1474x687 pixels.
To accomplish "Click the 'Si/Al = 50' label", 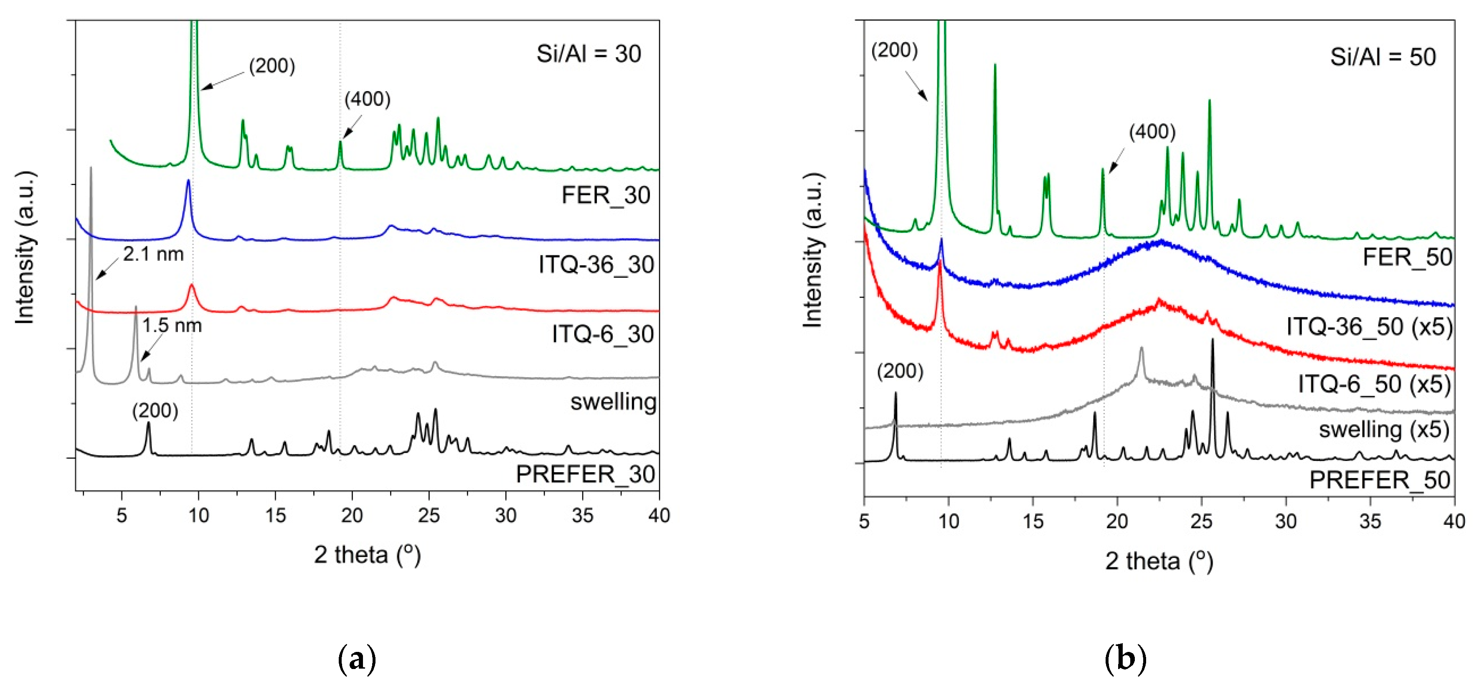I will [x=1383, y=57].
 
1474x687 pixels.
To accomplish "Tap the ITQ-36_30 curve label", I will [x=596, y=265].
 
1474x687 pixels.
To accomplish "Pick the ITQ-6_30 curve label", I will [x=603, y=334].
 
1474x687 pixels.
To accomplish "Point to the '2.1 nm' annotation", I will [x=153, y=254].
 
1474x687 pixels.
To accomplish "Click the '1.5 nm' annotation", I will [x=172, y=326].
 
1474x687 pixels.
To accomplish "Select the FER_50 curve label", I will [x=1407, y=257].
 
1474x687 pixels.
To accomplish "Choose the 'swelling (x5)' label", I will [x=1384, y=430].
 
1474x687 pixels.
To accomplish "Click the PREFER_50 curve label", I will [x=1380, y=480].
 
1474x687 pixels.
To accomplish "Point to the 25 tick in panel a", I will [x=429, y=516].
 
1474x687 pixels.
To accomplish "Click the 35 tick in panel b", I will [x=1370, y=522].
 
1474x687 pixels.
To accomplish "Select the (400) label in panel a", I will [x=368, y=99].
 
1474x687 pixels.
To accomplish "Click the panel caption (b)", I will [x=1125, y=659].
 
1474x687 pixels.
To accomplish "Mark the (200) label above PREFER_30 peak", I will [x=155, y=411].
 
